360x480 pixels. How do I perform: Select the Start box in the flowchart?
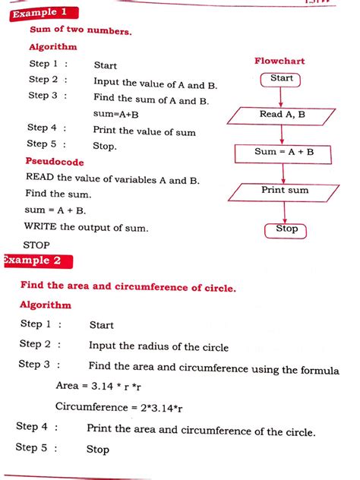click(x=281, y=78)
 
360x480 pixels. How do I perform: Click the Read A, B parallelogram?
click(x=283, y=115)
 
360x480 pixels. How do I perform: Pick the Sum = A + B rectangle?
click(x=283, y=152)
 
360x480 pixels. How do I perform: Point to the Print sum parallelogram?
click(x=284, y=191)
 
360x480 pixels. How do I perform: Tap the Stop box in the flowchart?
click(x=286, y=229)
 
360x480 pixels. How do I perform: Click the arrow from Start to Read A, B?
click(x=282, y=96)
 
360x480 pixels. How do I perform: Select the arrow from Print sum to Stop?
click(x=285, y=212)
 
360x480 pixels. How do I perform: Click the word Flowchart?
click(x=279, y=60)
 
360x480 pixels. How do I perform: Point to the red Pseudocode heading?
click(x=55, y=162)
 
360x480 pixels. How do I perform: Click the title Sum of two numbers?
click(x=81, y=31)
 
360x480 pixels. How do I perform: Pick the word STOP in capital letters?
click(x=36, y=245)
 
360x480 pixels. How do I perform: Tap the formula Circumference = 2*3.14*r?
click(x=119, y=408)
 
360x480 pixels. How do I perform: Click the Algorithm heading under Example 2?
click(x=46, y=305)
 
